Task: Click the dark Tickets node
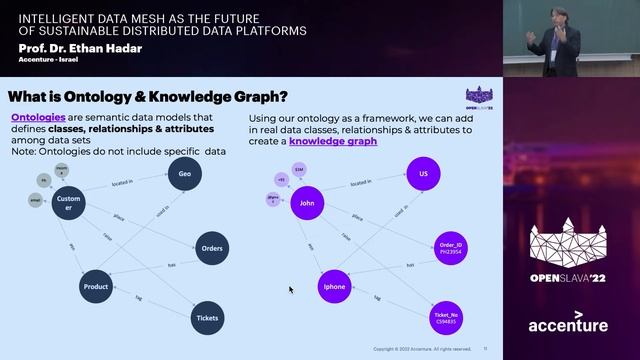206,317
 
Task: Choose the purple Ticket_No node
446,317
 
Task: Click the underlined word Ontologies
38,118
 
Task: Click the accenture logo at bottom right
568,325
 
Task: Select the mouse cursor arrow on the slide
291,290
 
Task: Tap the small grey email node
34,200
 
